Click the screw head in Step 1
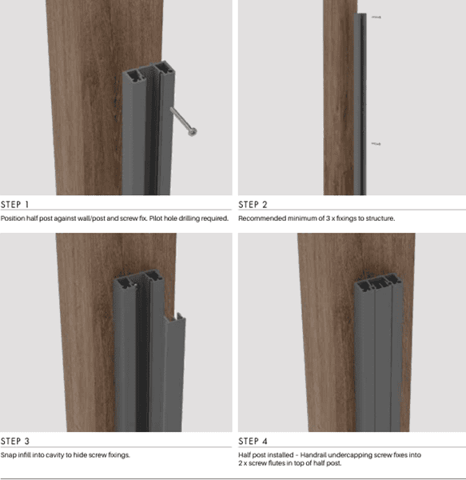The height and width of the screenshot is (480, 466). (x=193, y=132)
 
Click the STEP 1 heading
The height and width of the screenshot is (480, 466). (x=14, y=205)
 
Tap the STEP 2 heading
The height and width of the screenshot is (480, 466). (x=253, y=205)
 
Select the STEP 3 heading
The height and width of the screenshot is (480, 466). (x=15, y=441)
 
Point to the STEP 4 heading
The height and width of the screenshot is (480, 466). (x=253, y=441)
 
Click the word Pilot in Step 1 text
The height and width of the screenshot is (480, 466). (x=156, y=218)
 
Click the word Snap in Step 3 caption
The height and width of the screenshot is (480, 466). (x=8, y=455)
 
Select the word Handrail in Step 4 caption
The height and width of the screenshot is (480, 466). (x=313, y=455)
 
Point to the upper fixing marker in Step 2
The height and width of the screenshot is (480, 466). (x=376, y=18)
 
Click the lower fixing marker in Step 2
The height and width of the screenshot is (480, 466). (x=376, y=144)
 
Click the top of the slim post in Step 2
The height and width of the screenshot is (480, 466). (x=360, y=14)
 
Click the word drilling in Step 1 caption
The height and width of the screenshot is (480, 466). (x=189, y=218)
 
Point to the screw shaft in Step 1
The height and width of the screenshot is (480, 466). (x=180, y=118)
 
